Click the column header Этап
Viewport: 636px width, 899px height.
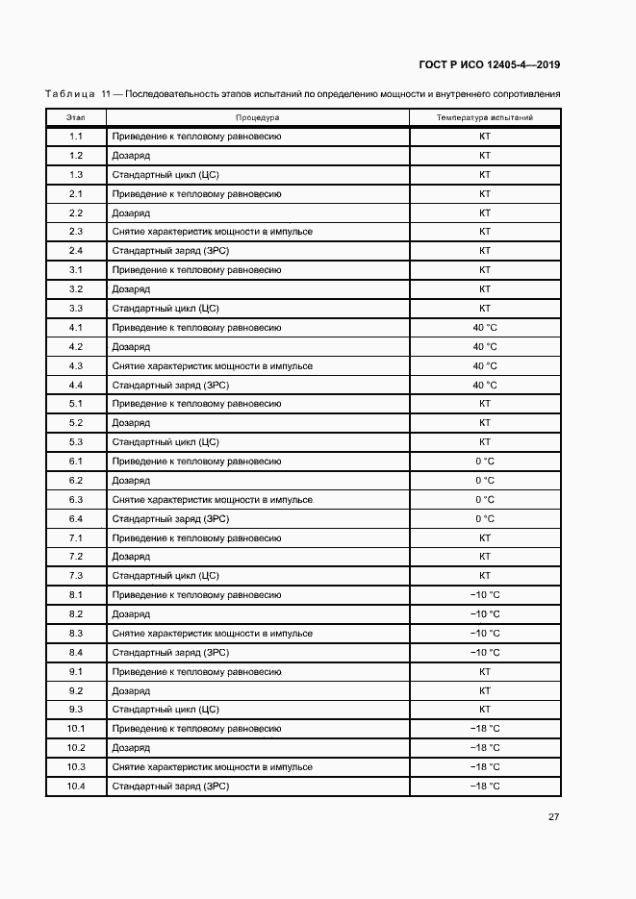click(76, 117)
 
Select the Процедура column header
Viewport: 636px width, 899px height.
click(257, 117)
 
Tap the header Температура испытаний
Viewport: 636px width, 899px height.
click(485, 117)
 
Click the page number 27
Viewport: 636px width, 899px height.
click(554, 817)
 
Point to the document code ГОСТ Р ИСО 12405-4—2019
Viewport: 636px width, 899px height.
click(490, 65)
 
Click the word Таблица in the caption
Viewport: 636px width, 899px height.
click(69, 94)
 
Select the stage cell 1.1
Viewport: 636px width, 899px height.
click(76, 137)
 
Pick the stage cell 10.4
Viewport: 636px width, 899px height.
click(76, 787)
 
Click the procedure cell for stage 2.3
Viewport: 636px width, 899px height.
click(213, 232)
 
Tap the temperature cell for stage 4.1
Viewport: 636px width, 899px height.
click(485, 328)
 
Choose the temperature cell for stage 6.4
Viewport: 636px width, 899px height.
click(485, 519)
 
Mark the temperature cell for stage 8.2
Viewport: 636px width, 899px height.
click(485, 614)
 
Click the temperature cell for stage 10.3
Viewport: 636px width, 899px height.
click(485, 767)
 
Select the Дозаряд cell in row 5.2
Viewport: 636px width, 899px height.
click(131, 423)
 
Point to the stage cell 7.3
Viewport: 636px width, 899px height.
click(76, 576)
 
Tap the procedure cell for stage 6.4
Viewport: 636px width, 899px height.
click(170, 519)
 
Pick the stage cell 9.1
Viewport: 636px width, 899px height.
click(76, 672)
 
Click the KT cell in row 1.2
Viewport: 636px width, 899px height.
click(485, 156)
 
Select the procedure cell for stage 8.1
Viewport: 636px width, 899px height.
click(197, 595)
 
